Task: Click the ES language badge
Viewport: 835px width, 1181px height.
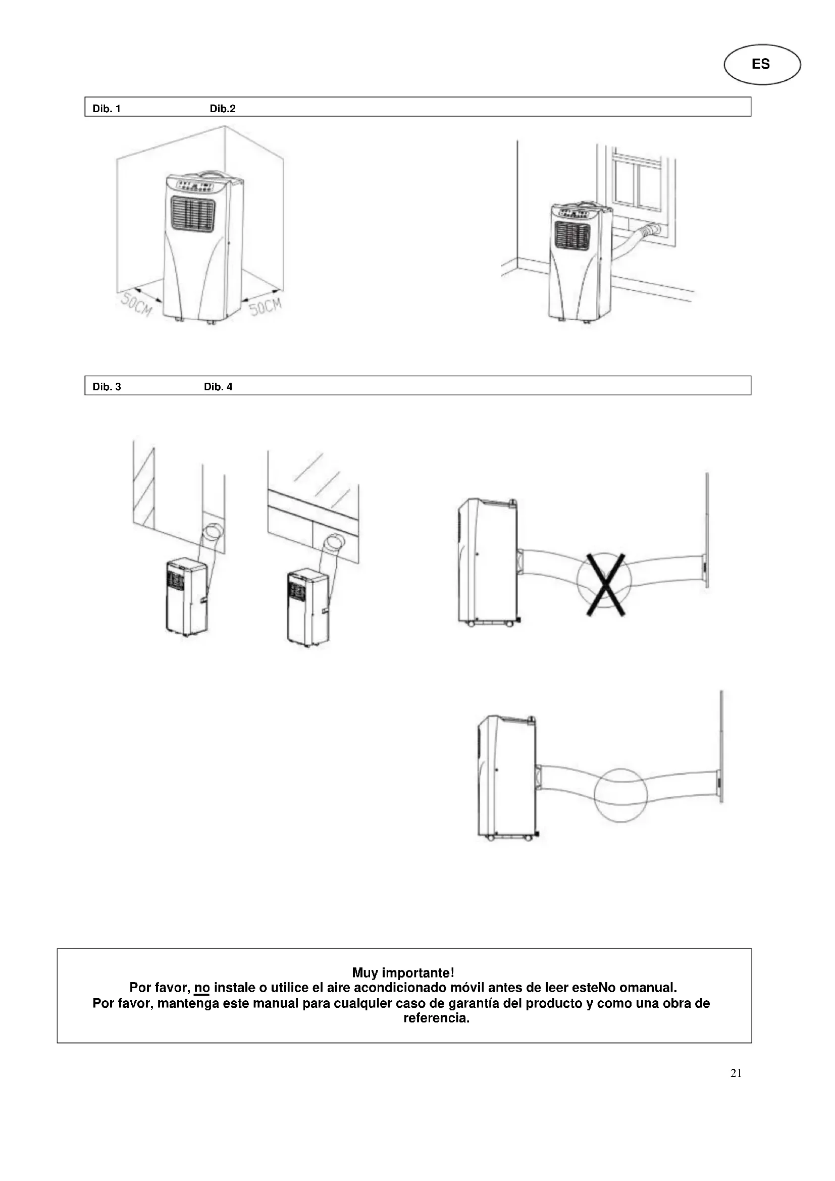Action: point(761,64)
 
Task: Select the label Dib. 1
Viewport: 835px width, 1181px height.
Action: point(107,109)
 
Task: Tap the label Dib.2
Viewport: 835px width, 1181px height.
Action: point(222,109)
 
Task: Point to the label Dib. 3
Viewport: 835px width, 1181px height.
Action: point(107,387)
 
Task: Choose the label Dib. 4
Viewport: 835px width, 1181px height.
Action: point(218,387)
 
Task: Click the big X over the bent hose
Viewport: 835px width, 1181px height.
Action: point(605,584)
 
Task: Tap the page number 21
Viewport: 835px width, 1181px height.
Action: point(736,1073)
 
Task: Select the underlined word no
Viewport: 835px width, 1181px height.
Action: point(201,988)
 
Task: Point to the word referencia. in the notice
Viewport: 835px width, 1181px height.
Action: point(436,1018)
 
